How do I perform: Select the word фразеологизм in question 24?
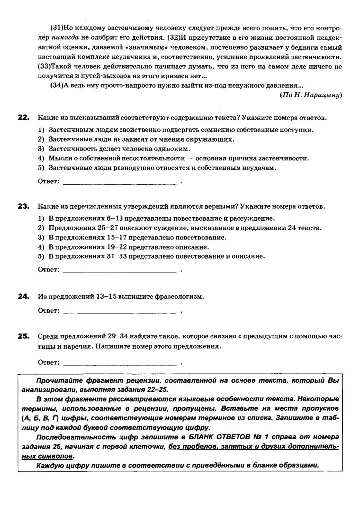click(179, 297)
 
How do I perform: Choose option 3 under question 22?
click(115, 149)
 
